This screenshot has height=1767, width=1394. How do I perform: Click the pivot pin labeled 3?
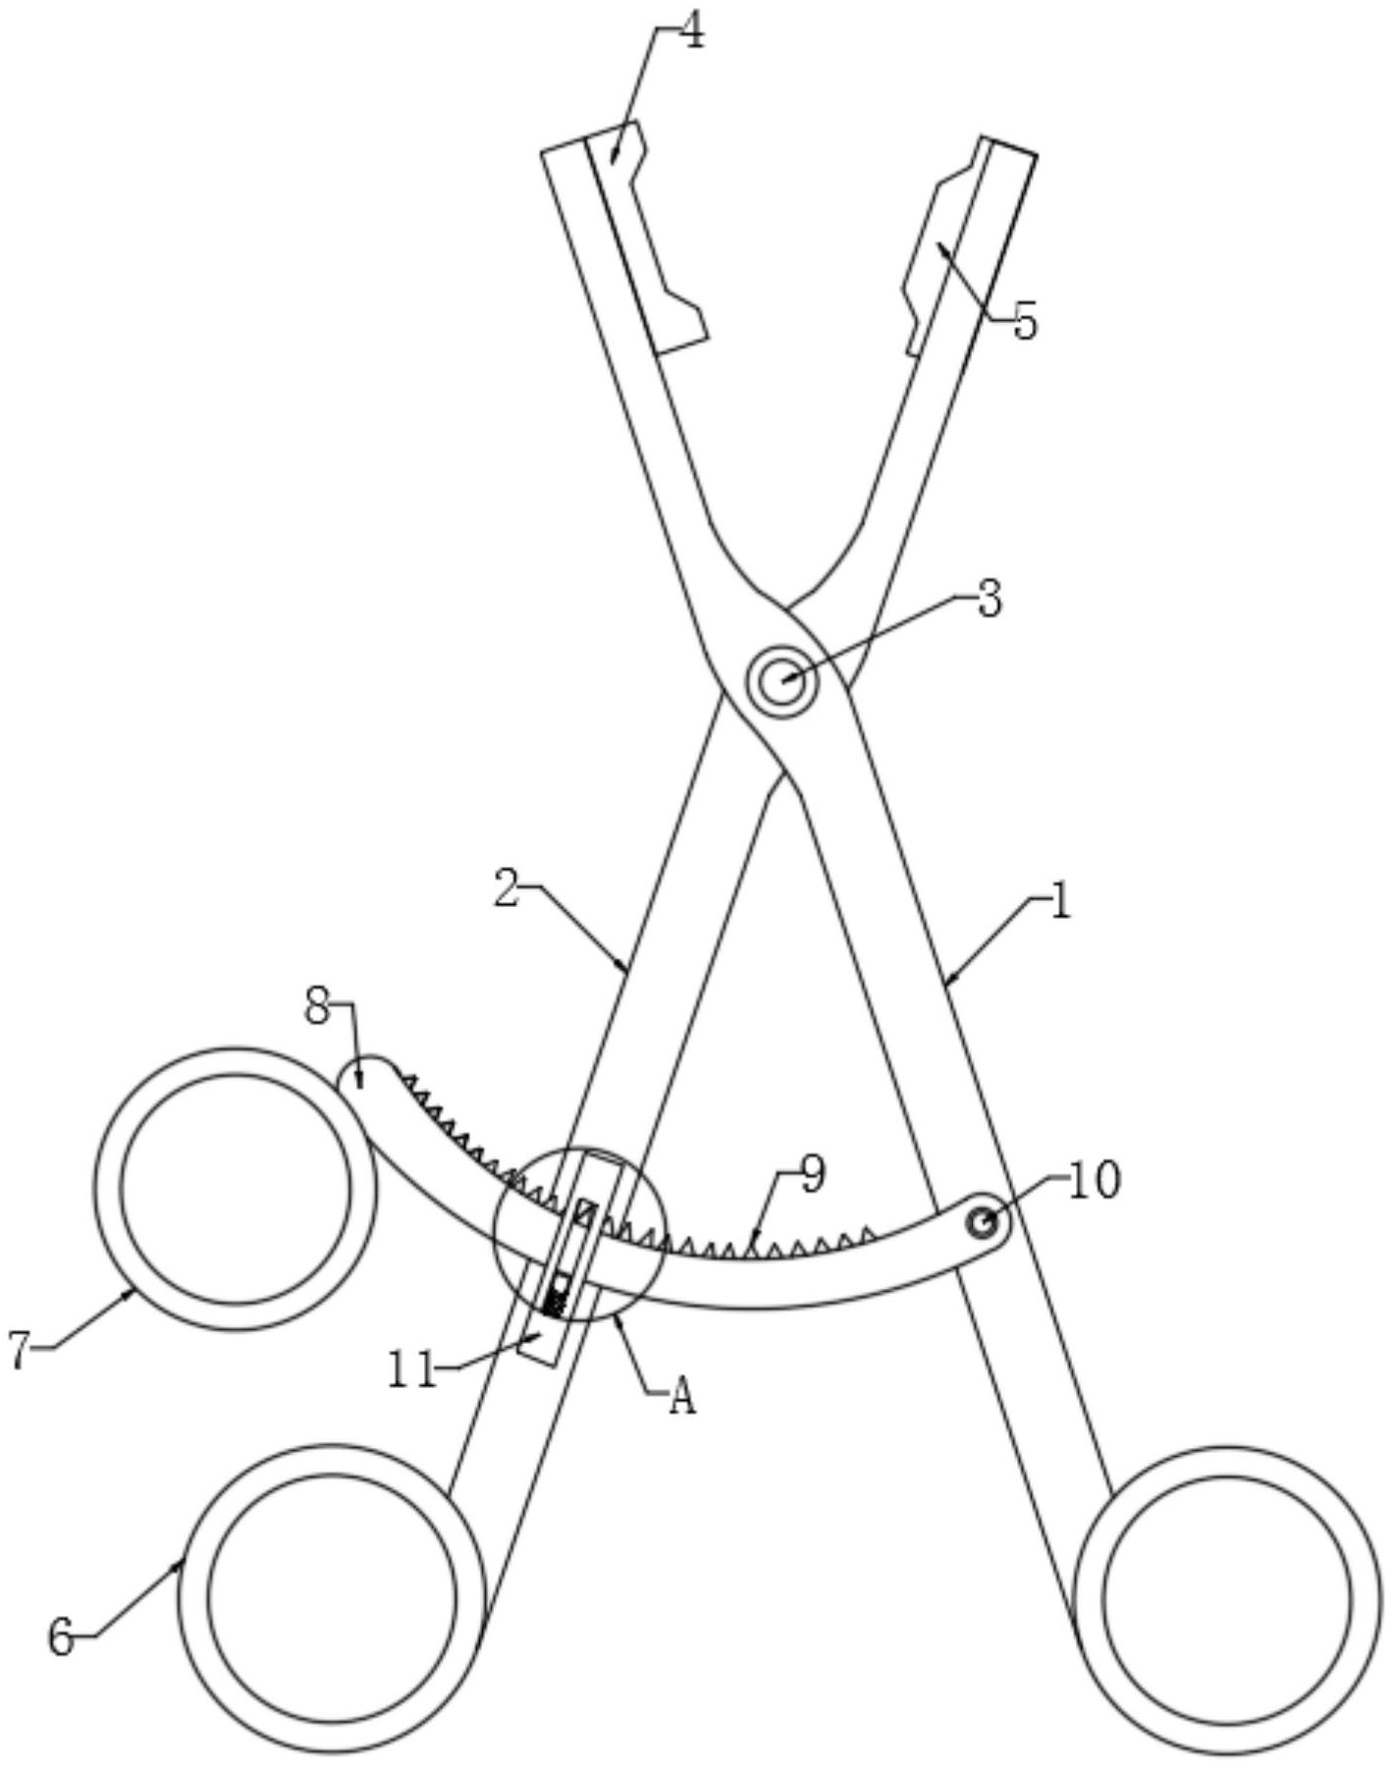click(x=780, y=680)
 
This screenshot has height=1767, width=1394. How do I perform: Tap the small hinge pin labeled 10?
click(x=980, y=1223)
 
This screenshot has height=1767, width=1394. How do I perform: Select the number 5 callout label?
click(x=1025, y=321)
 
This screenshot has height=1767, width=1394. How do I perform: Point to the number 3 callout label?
click(x=990, y=598)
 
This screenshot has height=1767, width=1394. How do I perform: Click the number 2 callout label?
click(x=506, y=888)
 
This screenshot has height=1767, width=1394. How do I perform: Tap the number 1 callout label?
click(x=1059, y=902)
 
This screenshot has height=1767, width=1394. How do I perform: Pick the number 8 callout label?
click(x=317, y=1007)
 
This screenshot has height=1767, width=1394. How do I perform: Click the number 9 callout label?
click(x=813, y=1174)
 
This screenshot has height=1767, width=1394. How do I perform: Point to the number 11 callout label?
click(x=412, y=1370)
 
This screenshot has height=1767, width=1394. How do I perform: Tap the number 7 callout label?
click(x=22, y=1351)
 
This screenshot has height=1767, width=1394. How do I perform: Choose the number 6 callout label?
click(x=61, y=1637)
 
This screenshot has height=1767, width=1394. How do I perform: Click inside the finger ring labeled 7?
click(x=236, y=1188)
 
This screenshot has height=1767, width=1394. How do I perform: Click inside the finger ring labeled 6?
click(x=332, y=1597)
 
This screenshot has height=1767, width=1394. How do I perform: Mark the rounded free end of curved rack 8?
click(x=360, y=1076)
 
